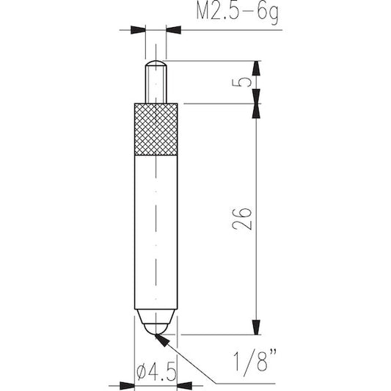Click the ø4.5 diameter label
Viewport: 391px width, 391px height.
pyautogui.click(x=157, y=372)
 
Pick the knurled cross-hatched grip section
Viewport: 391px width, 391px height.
pyautogui.click(x=156, y=129)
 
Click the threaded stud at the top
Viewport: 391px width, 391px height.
pyautogui.click(x=156, y=82)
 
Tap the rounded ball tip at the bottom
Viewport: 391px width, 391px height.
pyautogui.click(x=156, y=329)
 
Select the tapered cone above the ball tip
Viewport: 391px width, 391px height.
pyautogui.click(x=156, y=317)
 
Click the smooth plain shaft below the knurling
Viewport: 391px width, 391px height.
pyautogui.click(x=156, y=232)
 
